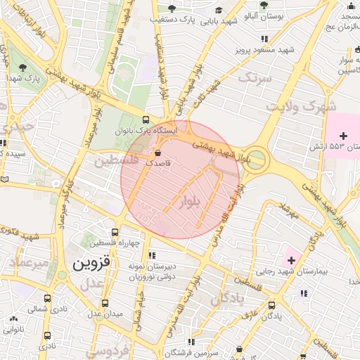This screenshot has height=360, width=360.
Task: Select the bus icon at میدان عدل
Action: tap(105, 303)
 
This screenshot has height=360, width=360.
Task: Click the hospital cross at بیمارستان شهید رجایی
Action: tap(291, 261)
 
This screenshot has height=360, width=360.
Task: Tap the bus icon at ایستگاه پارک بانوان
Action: tap(146, 120)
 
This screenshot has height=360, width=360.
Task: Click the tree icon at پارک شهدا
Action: tap(23, 68)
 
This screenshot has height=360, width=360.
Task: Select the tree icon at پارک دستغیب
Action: tap(171, 9)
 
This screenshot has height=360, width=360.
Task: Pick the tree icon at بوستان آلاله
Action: tap(263, 4)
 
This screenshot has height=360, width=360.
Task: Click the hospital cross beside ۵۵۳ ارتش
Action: tap(343, 135)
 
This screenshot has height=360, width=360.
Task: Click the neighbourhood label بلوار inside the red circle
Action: tap(191, 202)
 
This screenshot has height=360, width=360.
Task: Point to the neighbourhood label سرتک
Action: tap(255, 77)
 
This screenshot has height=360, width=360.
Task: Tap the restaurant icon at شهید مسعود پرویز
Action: tap(264, 39)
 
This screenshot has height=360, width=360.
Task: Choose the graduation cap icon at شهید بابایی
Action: tap(219, 11)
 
